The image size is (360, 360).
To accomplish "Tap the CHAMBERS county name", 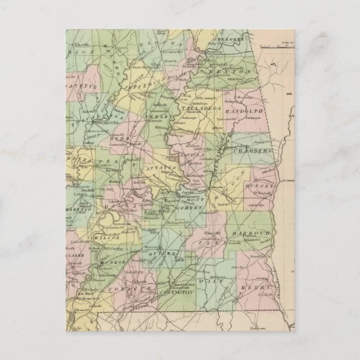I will coord(253,154).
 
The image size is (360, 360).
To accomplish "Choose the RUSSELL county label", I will coord(262,183).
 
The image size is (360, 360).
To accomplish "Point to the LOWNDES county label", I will coord(158,213).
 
